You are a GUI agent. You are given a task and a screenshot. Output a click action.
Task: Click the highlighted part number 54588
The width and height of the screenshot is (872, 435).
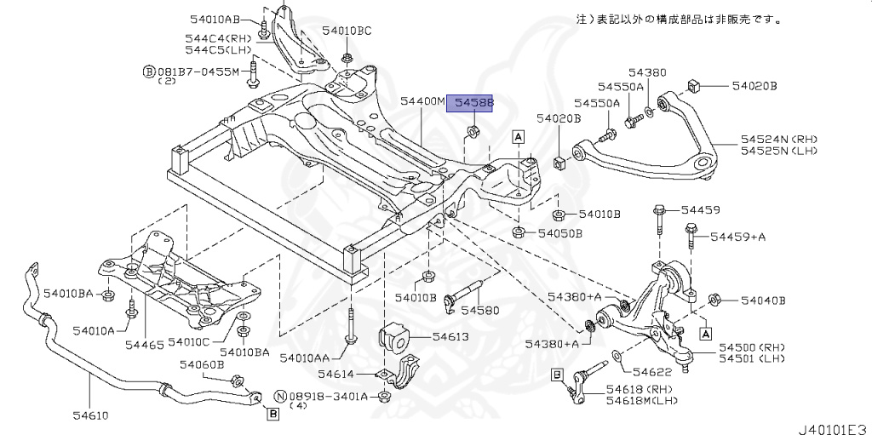pos(474,102)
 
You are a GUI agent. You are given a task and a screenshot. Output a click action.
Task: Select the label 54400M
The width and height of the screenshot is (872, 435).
pos(422,102)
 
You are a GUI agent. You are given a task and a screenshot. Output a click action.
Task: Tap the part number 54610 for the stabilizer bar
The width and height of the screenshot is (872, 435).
pos(89,415)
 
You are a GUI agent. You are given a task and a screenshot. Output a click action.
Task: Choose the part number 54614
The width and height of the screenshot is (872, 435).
pos(337,375)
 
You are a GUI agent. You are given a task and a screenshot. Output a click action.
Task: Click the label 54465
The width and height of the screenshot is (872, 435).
pos(144,345)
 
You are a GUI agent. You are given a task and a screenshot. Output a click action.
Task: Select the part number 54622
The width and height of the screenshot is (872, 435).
pos(652,372)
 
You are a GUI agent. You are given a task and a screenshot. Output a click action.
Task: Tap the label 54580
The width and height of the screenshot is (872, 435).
pos(480,311)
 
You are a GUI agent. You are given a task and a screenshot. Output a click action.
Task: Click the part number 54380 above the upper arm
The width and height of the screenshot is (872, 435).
pos(647,72)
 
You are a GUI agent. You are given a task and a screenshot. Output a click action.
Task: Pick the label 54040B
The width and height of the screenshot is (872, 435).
pos(763,300)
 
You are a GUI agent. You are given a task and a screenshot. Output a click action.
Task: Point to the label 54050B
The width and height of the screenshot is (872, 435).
pos(559,233)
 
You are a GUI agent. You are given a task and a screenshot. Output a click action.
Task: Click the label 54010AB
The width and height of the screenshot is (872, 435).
pos(215,20)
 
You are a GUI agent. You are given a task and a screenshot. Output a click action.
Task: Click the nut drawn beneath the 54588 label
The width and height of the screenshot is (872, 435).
pos(474,131)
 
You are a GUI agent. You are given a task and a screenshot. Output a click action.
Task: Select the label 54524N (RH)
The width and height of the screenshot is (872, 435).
pos(779,139)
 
